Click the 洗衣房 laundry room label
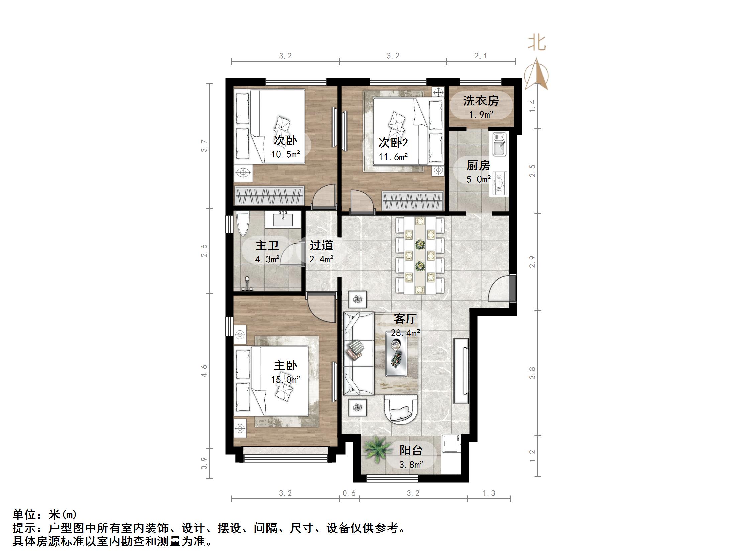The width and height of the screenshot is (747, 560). pos(481,101)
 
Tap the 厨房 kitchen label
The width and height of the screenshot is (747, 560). pos(478,166)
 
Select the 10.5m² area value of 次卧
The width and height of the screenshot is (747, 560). pos(285,155)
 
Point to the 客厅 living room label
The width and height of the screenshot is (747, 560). pos(405,319)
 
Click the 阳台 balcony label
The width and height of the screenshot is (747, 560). pos(411,450)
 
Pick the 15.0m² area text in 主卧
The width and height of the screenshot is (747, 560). pos(285,380)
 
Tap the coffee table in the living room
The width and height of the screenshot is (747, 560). pos(396,358)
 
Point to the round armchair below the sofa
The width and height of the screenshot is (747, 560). pos(401,413)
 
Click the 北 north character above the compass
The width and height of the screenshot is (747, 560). pos(537,43)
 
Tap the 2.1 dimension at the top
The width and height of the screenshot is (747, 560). pos(481,56)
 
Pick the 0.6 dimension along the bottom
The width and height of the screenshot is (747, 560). pos(349,493)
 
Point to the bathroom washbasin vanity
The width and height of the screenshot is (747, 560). pos(283,219)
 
